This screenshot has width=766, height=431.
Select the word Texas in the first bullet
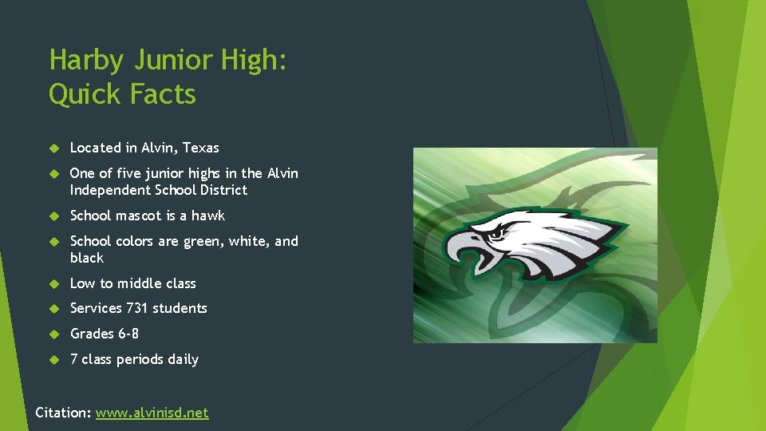pyautogui.click(x=201, y=148)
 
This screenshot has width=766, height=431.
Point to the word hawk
pyautogui.click(x=209, y=215)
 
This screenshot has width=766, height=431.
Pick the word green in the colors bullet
pyautogui.click(x=203, y=241)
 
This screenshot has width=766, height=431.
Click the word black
pyautogui.click(x=87, y=258)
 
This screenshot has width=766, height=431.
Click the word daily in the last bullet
pyautogui.click(x=183, y=359)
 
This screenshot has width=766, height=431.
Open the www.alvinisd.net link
pyautogui.click(x=152, y=413)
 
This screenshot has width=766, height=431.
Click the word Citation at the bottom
pyautogui.click(x=62, y=413)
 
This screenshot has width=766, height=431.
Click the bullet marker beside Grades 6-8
pyautogui.click(x=54, y=334)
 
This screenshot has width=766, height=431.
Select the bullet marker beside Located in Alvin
pyautogui.click(x=54, y=148)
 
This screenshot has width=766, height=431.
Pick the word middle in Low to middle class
pyautogui.click(x=137, y=283)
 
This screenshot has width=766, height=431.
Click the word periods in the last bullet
pyautogui.click(x=140, y=359)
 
